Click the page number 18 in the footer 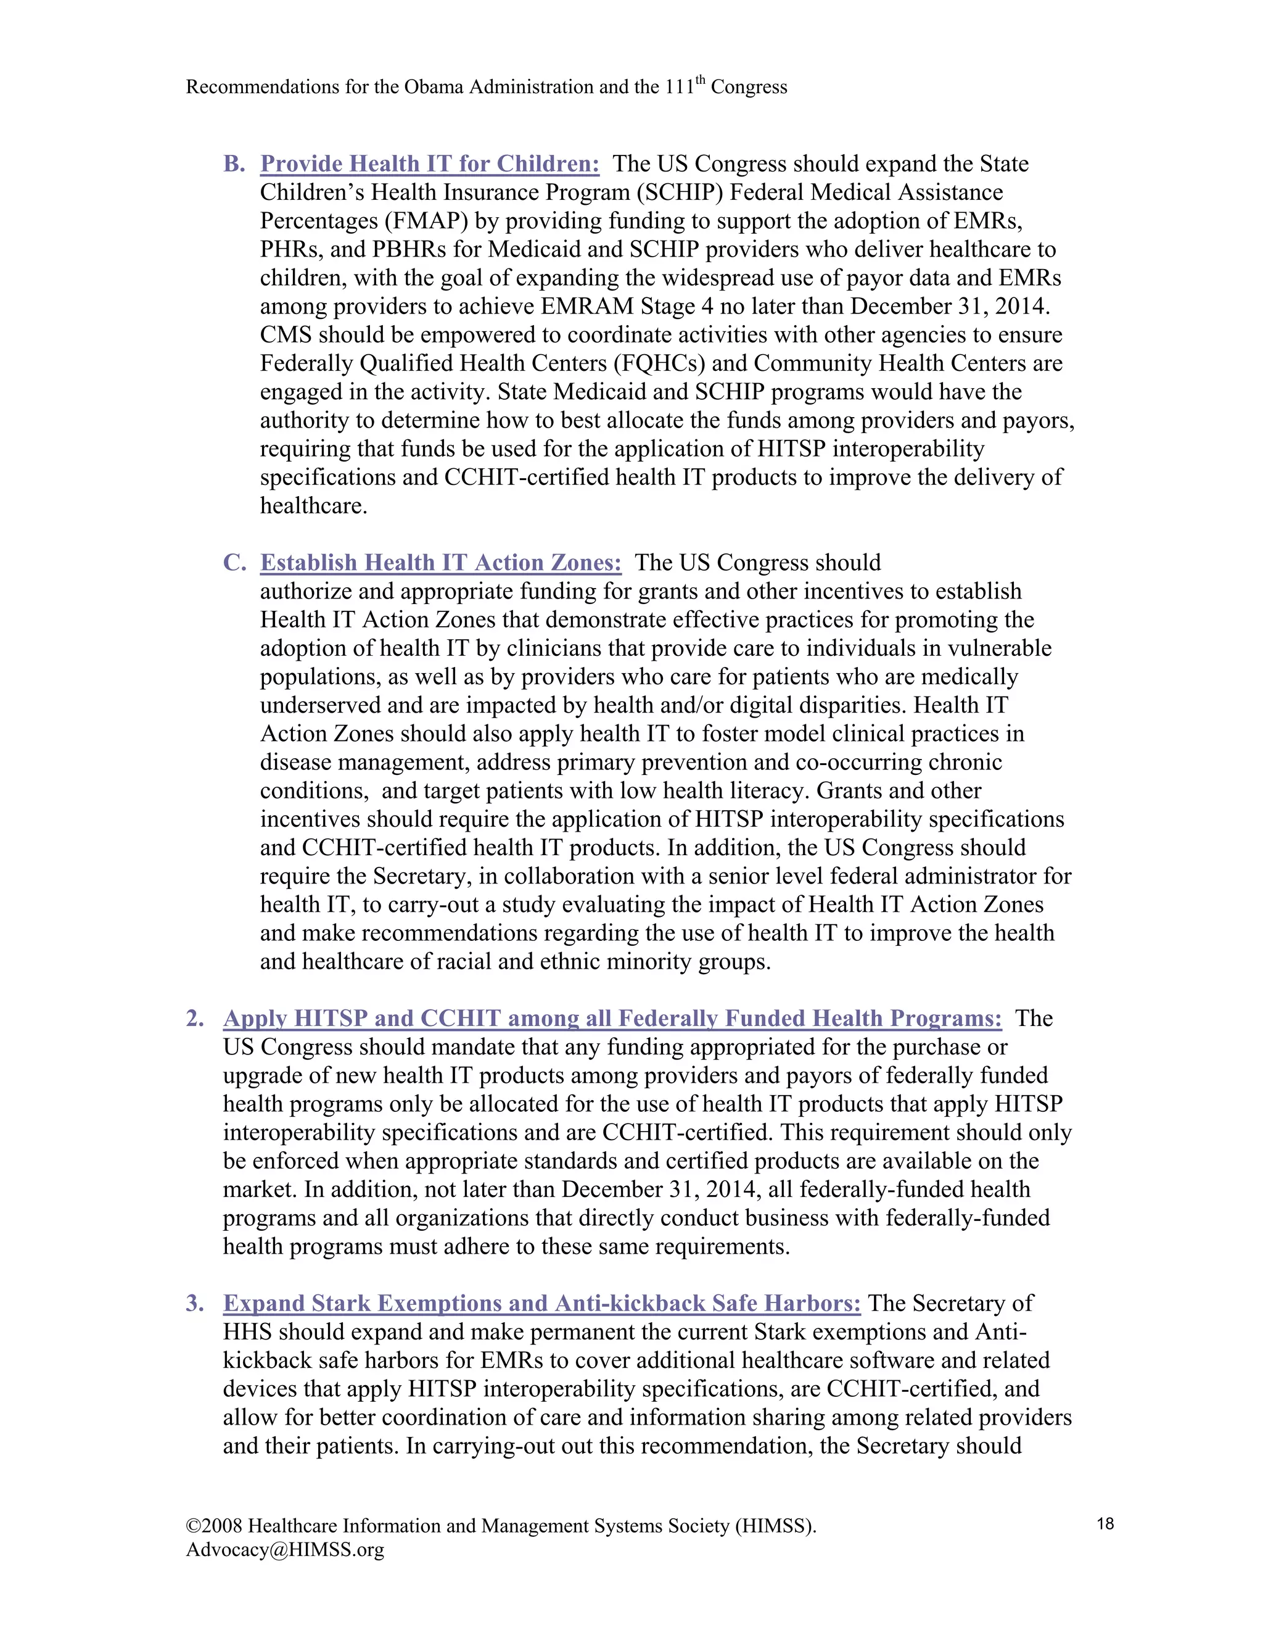click(x=1105, y=1523)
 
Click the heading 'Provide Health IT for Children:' click(x=429, y=164)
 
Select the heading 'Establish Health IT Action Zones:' click(x=441, y=563)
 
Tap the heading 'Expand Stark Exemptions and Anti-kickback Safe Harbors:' click(x=541, y=1303)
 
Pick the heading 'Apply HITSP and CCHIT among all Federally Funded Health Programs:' click(x=612, y=1019)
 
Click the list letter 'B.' click(x=234, y=164)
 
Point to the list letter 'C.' click(x=234, y=563)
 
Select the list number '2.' click(x=195, y=1019)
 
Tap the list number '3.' click(x=195, y=1303)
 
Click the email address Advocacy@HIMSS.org click(x=285, y=1550)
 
